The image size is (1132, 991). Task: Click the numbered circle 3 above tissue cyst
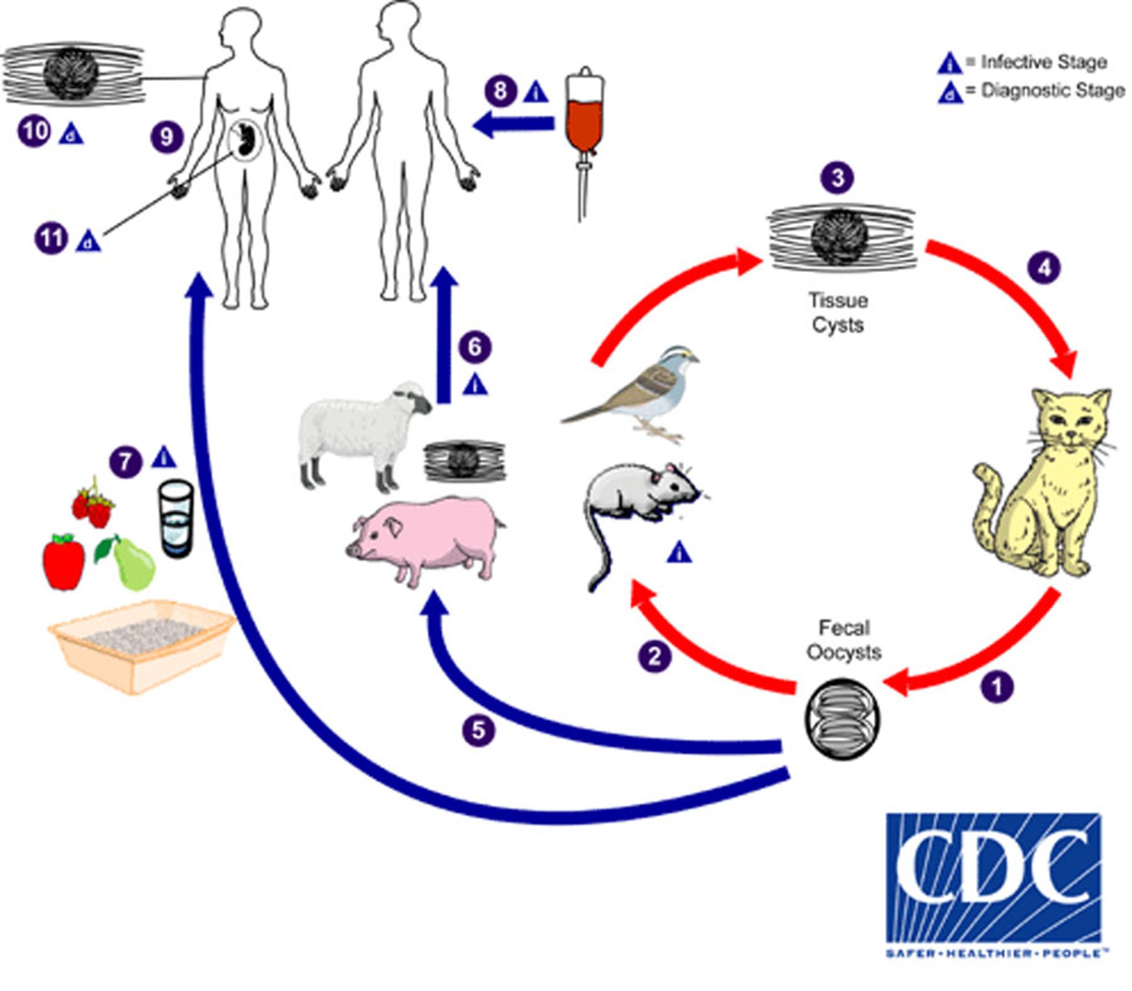tap(838, 177)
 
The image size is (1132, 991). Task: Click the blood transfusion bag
tap(584, 115)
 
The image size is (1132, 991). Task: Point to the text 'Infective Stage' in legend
tap(1044, 62)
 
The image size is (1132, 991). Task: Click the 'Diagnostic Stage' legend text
tap(1052, 91)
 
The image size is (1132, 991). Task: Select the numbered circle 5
tap(478, 730)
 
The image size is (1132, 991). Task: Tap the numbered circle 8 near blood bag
tap(501, 91)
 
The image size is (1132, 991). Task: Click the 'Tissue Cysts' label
tap(838, 312)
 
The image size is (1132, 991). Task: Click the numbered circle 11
tap(51, 238)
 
